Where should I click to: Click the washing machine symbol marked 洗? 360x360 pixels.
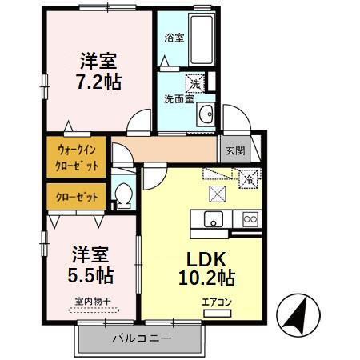(194, 82)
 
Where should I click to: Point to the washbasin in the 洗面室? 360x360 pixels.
(204, 111)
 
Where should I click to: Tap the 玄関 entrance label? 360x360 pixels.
(234, 150)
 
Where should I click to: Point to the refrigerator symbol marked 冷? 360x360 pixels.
(248, 179)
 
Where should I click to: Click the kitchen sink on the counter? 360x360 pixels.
(213, 219)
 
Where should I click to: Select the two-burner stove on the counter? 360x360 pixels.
(250, 218)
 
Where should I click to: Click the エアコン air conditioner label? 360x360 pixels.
(216, 302)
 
